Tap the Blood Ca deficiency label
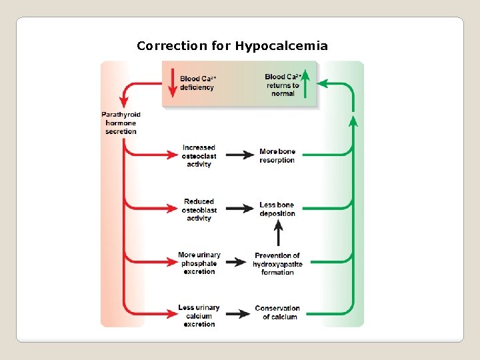tap(197, 83)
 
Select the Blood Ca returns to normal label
tap(283, 85)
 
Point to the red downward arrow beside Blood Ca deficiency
tap(171, 83)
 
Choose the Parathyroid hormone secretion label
tap(121, 123)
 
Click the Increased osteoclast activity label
tap(199, 156)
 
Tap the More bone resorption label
tap(277, 156)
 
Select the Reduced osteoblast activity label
tap(199, 209)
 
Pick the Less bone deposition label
tap(277, 209)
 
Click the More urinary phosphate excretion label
tap(199, 263)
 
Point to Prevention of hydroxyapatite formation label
tap(277, 263)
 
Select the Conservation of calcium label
tap(277, 312)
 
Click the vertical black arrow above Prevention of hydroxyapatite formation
tap(279, 233)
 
